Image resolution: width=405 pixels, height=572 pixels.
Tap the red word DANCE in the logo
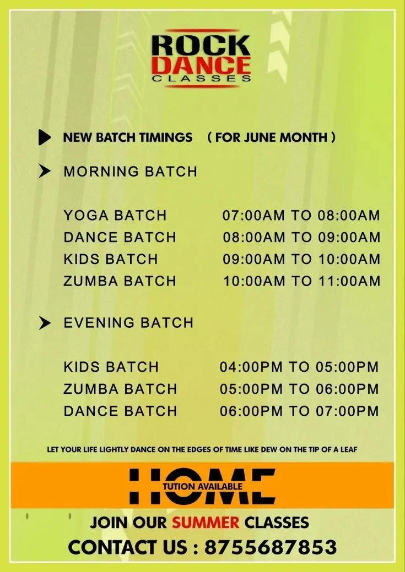202,65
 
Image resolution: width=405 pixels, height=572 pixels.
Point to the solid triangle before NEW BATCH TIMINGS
45,137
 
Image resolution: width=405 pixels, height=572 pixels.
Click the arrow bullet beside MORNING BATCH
45,171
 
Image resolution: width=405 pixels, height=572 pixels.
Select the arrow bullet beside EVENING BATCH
45,323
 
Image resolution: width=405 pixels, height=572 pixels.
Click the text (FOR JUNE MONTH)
271,137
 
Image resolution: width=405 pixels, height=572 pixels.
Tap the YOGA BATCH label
115,215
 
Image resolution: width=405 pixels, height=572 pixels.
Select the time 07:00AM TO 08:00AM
301,215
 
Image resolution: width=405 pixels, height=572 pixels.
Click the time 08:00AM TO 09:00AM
301,237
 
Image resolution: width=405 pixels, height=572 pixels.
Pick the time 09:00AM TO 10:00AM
301,259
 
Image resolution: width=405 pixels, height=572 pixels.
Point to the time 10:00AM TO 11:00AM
302,281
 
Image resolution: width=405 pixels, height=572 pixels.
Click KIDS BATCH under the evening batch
111,367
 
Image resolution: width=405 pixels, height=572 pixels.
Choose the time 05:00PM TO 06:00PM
299,389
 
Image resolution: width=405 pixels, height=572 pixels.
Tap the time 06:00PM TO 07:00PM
299,411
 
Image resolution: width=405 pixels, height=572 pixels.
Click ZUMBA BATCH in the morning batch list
120,281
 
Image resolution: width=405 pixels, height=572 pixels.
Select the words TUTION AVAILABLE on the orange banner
203,486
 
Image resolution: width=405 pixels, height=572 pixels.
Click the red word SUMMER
206,522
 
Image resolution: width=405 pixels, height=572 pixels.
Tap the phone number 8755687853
271,547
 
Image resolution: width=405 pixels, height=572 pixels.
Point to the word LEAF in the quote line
349,449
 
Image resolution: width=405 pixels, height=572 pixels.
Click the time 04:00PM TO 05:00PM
299,367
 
